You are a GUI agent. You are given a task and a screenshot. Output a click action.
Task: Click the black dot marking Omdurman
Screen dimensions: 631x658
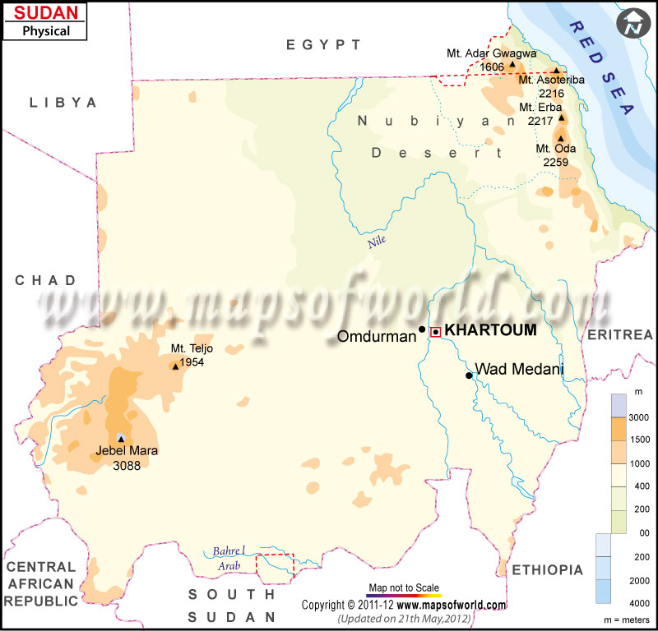(422, 329)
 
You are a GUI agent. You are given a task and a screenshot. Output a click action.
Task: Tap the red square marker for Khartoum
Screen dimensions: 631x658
(436, 331)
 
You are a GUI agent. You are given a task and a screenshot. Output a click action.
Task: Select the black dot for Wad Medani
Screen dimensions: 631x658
(469, 375)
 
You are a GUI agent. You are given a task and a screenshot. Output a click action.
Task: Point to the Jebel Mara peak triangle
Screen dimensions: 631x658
(121, 438)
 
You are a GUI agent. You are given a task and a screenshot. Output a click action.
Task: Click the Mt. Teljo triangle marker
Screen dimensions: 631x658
(175, 366)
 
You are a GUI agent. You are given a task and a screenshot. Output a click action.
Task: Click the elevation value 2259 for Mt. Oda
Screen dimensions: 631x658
(555, 162)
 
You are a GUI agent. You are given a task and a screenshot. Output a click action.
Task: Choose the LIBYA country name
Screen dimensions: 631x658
(63, 103)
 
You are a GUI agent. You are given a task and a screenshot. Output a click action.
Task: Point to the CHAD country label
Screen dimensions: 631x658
(45, 280)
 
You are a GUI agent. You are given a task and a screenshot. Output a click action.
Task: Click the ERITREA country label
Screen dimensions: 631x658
(619, 334)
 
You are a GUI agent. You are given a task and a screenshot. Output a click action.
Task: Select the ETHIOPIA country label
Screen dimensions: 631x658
(547, 569)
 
